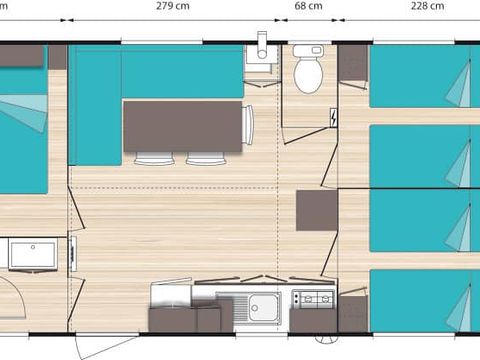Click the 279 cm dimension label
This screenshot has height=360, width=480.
point(174,6)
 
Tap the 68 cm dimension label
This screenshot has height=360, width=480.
point(308,6)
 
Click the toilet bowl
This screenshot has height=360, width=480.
point(308,72)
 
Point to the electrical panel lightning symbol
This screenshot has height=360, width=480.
point(332,117)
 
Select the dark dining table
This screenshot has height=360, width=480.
point(183,126)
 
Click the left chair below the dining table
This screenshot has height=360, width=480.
point(154,158)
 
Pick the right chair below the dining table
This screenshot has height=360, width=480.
point(205,158)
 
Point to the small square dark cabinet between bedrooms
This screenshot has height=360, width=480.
point(316,209)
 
